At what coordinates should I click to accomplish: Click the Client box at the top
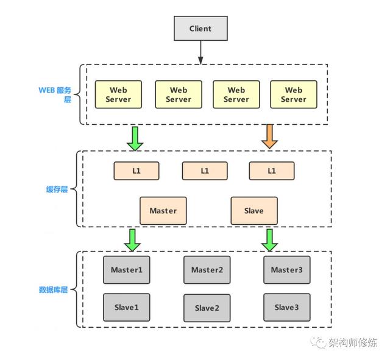pos(200,29)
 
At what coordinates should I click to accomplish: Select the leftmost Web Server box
pos(118,94)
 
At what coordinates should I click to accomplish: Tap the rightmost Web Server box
pos(294,94)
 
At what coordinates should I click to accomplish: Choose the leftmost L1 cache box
pos(136,171)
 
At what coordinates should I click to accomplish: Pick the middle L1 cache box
pos(205,171)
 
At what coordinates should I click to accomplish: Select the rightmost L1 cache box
pos(271,171)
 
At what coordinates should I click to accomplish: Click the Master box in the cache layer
pos(163,211)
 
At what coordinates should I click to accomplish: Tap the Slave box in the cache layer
pos(253,211)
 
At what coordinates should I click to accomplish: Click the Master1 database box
pos(126,270)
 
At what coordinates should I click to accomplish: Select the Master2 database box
pos(207,270)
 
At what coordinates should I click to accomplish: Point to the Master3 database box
pos(286,270)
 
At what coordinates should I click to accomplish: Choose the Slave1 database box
pos(126,308)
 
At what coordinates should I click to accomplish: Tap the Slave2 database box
pos(207,308)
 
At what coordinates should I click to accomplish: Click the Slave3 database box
pos(286,308)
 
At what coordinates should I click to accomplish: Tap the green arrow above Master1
pos(133,240)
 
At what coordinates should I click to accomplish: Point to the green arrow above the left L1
pos(135,137)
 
